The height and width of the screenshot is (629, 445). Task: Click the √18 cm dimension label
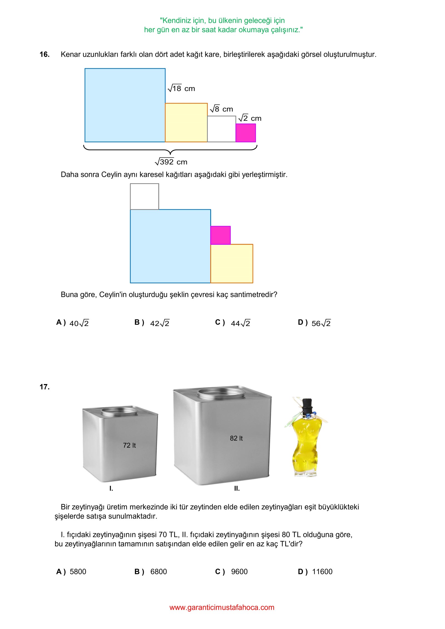(x=181, y=88)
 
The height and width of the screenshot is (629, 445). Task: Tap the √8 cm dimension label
(x=221, y=109)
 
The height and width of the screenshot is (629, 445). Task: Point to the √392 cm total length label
(x=171, y=162)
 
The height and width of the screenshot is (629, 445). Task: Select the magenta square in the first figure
(x=246, y=133)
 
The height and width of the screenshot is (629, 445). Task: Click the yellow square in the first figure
(x=186, y=123)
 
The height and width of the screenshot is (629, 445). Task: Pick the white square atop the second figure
(x=144, y=196)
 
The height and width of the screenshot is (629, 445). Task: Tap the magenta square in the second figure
(x=220, y=235)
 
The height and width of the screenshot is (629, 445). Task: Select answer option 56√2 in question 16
(x=321, y=323)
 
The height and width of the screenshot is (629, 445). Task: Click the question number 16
(x=44, y=55)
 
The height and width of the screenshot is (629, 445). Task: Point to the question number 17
(x=44, y=387)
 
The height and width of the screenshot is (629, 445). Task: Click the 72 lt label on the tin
(x=129, y=445)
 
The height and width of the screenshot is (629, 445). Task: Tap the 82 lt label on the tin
(x=236, y=438)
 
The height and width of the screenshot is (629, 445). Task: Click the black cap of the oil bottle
(x=306, y=405)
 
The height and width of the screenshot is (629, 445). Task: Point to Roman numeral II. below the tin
(x=237, y=489)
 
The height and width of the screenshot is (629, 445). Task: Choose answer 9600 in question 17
(x=239, y=571)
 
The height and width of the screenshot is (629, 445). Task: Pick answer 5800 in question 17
(x=78, y=571)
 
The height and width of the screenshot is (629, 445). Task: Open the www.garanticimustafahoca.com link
(x=222, y=607)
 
